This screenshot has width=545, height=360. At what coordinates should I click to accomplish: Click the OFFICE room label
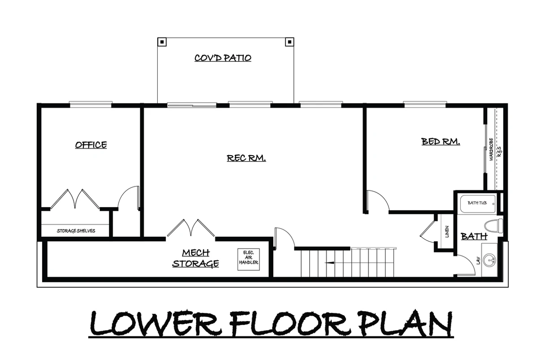click(91, 145)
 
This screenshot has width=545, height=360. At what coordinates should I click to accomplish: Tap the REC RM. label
click(246, 158)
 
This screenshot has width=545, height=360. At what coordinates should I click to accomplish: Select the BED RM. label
click(441, 141)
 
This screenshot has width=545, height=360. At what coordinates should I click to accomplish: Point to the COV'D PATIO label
click(223, 58)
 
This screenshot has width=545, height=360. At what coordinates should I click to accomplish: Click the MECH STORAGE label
click(195, 258)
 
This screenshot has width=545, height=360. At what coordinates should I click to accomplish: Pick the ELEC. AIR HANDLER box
click(248, 259)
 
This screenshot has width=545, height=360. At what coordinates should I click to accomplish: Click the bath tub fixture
click(478, 204)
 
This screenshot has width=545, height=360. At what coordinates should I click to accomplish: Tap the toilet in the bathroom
click(493, 226)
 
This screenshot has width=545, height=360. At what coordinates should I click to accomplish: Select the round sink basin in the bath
click(489, 260)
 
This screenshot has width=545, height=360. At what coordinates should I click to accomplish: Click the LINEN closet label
click(447, 231)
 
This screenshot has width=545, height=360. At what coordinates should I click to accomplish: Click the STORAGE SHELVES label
click(76, 231)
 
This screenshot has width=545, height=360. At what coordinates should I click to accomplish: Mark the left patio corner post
click(162, 42)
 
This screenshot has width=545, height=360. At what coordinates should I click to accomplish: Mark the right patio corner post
click(290, 42)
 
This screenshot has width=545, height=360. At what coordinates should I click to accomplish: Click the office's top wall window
click(91, 104)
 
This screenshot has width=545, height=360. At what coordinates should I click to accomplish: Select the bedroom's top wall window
click(425, 104)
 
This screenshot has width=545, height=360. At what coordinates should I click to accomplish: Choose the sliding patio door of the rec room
click(192, 105)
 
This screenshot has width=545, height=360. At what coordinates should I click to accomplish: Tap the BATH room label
click(474, 236)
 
